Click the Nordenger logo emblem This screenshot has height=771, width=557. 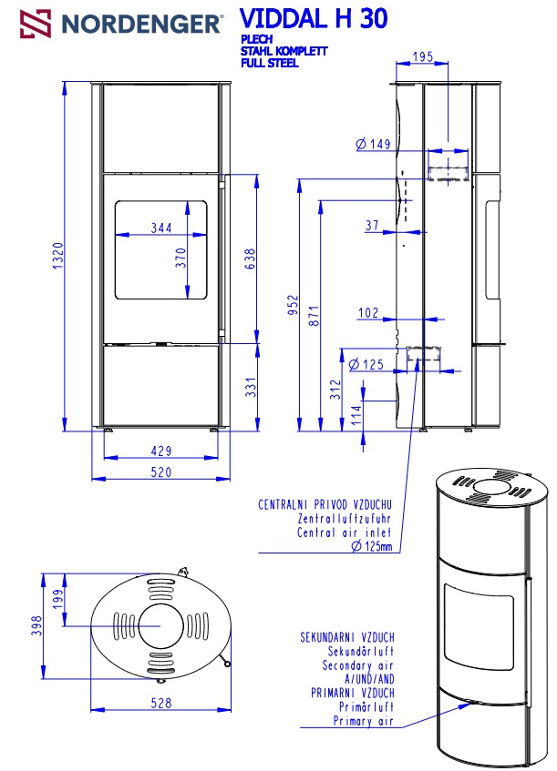click(36, 24)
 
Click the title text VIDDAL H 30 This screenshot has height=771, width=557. click(314, 19)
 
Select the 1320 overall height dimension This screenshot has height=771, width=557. click(58, 256)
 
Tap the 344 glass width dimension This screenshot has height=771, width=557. click(161, 228)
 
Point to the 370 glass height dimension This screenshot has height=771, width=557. click(181, 258)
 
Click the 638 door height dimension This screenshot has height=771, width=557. click(250, 259)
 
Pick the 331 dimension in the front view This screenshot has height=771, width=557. click(252, 387)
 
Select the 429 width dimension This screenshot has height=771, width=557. click(161, 451)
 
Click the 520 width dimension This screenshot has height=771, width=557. click(161, 472)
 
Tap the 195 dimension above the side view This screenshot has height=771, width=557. click(423, 56)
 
